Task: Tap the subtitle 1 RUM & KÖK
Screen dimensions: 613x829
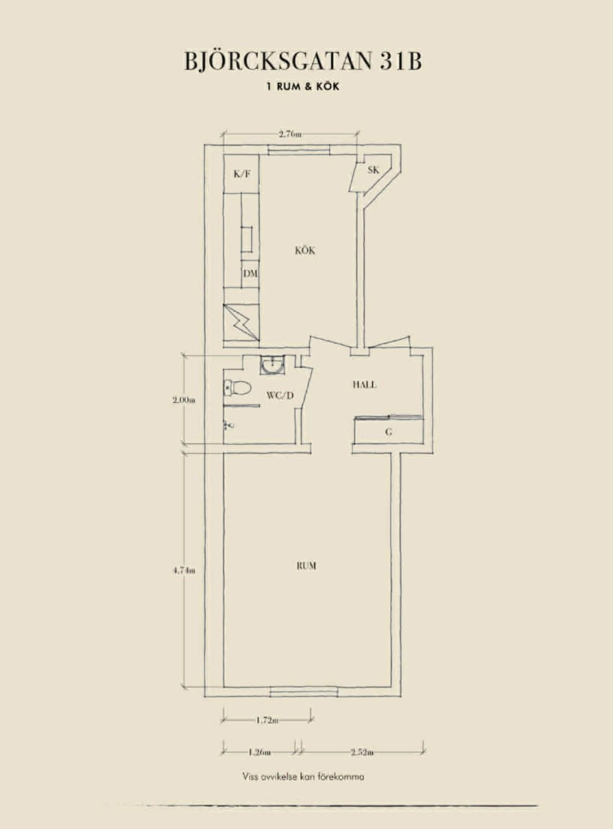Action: pyautogui.click(x=303, y=87)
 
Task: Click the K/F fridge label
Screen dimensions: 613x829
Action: pyautogui.click(x=242, y=174)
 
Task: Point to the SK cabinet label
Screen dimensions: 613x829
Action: pyautogui.click(x=373, y=170)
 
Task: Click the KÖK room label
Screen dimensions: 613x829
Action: pyautogui.click(x=305, y=250)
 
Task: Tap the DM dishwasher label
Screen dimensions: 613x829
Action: pyautogui.click(x=251, y=274)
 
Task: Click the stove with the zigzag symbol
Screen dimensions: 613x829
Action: pyautogui.click(x=241, y=322)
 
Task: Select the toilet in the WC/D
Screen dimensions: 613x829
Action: pyautogui.click(x=238, y=388)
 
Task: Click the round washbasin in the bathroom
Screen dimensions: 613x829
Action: pyautogui.click(x=272, y=365)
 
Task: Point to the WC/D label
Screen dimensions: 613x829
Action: pyautogui.click(x=280, y=396)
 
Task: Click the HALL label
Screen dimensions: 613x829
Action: pyautogui.click(x=365, y=385)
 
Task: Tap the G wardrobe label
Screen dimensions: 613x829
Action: pyautogui.click(x=389, y=432)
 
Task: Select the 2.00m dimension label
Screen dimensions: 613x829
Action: pyautogui.click(x=184, y=400)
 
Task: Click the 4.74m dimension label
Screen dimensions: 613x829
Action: pyautogui.click(x=184, y=581)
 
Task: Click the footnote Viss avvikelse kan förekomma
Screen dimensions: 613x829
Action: pyautogui.click(x=304, y=777)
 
